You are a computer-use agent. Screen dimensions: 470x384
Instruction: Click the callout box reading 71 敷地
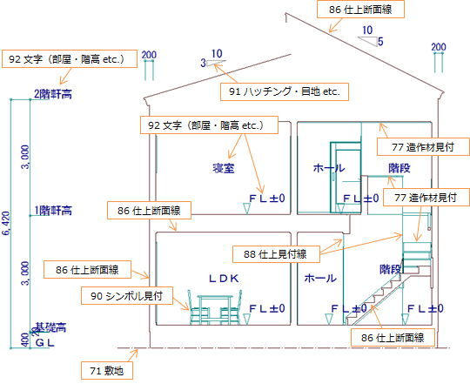click(107, 371)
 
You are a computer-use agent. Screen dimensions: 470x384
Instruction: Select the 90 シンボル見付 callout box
click(127, 296)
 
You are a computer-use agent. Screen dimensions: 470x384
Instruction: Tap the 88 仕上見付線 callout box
click(276, 254)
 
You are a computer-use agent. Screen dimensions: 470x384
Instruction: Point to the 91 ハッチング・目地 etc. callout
click(285, 91)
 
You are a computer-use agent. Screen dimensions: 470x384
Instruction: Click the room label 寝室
click(224, 168)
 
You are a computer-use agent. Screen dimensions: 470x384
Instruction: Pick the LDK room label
click(224, 279)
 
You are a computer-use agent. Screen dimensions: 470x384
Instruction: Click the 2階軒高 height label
click(53, 94)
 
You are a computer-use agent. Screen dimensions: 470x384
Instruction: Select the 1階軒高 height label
click(53, 211)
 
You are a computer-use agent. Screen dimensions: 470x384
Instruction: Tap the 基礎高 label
click(50, 327)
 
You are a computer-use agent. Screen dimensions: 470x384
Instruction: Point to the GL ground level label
click(45, 342)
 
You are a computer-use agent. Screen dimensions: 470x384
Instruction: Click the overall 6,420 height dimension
click(7, 223)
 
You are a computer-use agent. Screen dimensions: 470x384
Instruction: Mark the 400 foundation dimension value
click(26, 340)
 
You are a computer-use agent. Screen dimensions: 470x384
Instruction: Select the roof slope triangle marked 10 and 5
click(368, 42)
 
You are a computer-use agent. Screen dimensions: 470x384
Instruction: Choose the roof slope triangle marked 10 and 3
click(216, 63)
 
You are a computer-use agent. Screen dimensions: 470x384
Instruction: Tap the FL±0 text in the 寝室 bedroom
click(267, 199)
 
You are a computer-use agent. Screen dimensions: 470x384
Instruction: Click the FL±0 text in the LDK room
click(267, 308)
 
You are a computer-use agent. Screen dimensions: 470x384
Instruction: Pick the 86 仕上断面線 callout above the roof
click(360, 10)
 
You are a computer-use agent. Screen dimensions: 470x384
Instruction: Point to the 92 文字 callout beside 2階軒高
click(70, 59)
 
